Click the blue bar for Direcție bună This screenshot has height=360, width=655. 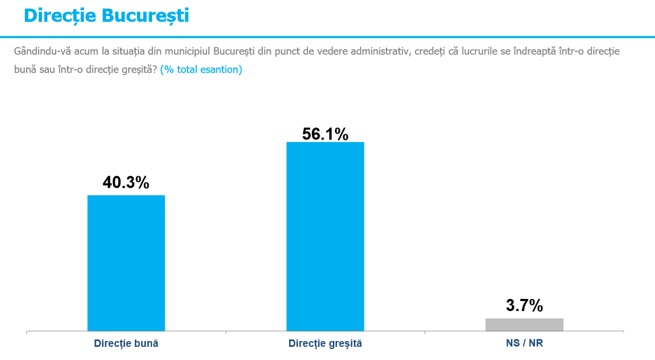[126, 263]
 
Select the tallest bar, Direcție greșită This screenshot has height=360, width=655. [325, 237]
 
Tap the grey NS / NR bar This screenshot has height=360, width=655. [524, 325]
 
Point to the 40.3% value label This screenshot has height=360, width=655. [126, 183]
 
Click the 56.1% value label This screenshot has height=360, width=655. [325, 134]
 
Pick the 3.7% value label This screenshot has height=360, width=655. [524, 305]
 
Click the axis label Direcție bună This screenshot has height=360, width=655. [126, 344]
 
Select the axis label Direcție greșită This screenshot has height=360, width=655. [325, 344]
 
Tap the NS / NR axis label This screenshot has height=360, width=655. [524, 344]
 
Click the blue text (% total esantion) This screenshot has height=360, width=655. [201, 69]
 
